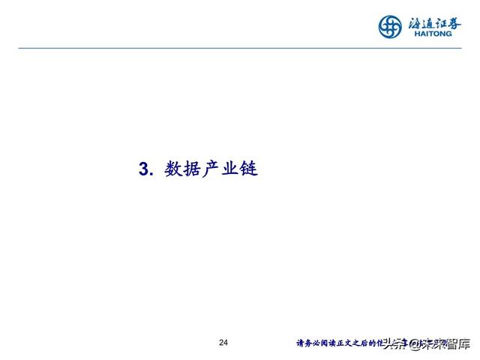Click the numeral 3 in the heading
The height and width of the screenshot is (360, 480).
click(144, 169)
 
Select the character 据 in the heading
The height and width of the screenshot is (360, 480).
click(193, 169)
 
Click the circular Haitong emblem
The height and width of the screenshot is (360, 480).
click(391, 27)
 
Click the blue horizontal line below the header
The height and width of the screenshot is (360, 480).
click(240, 48)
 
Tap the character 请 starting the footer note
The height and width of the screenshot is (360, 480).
click(300, 343)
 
